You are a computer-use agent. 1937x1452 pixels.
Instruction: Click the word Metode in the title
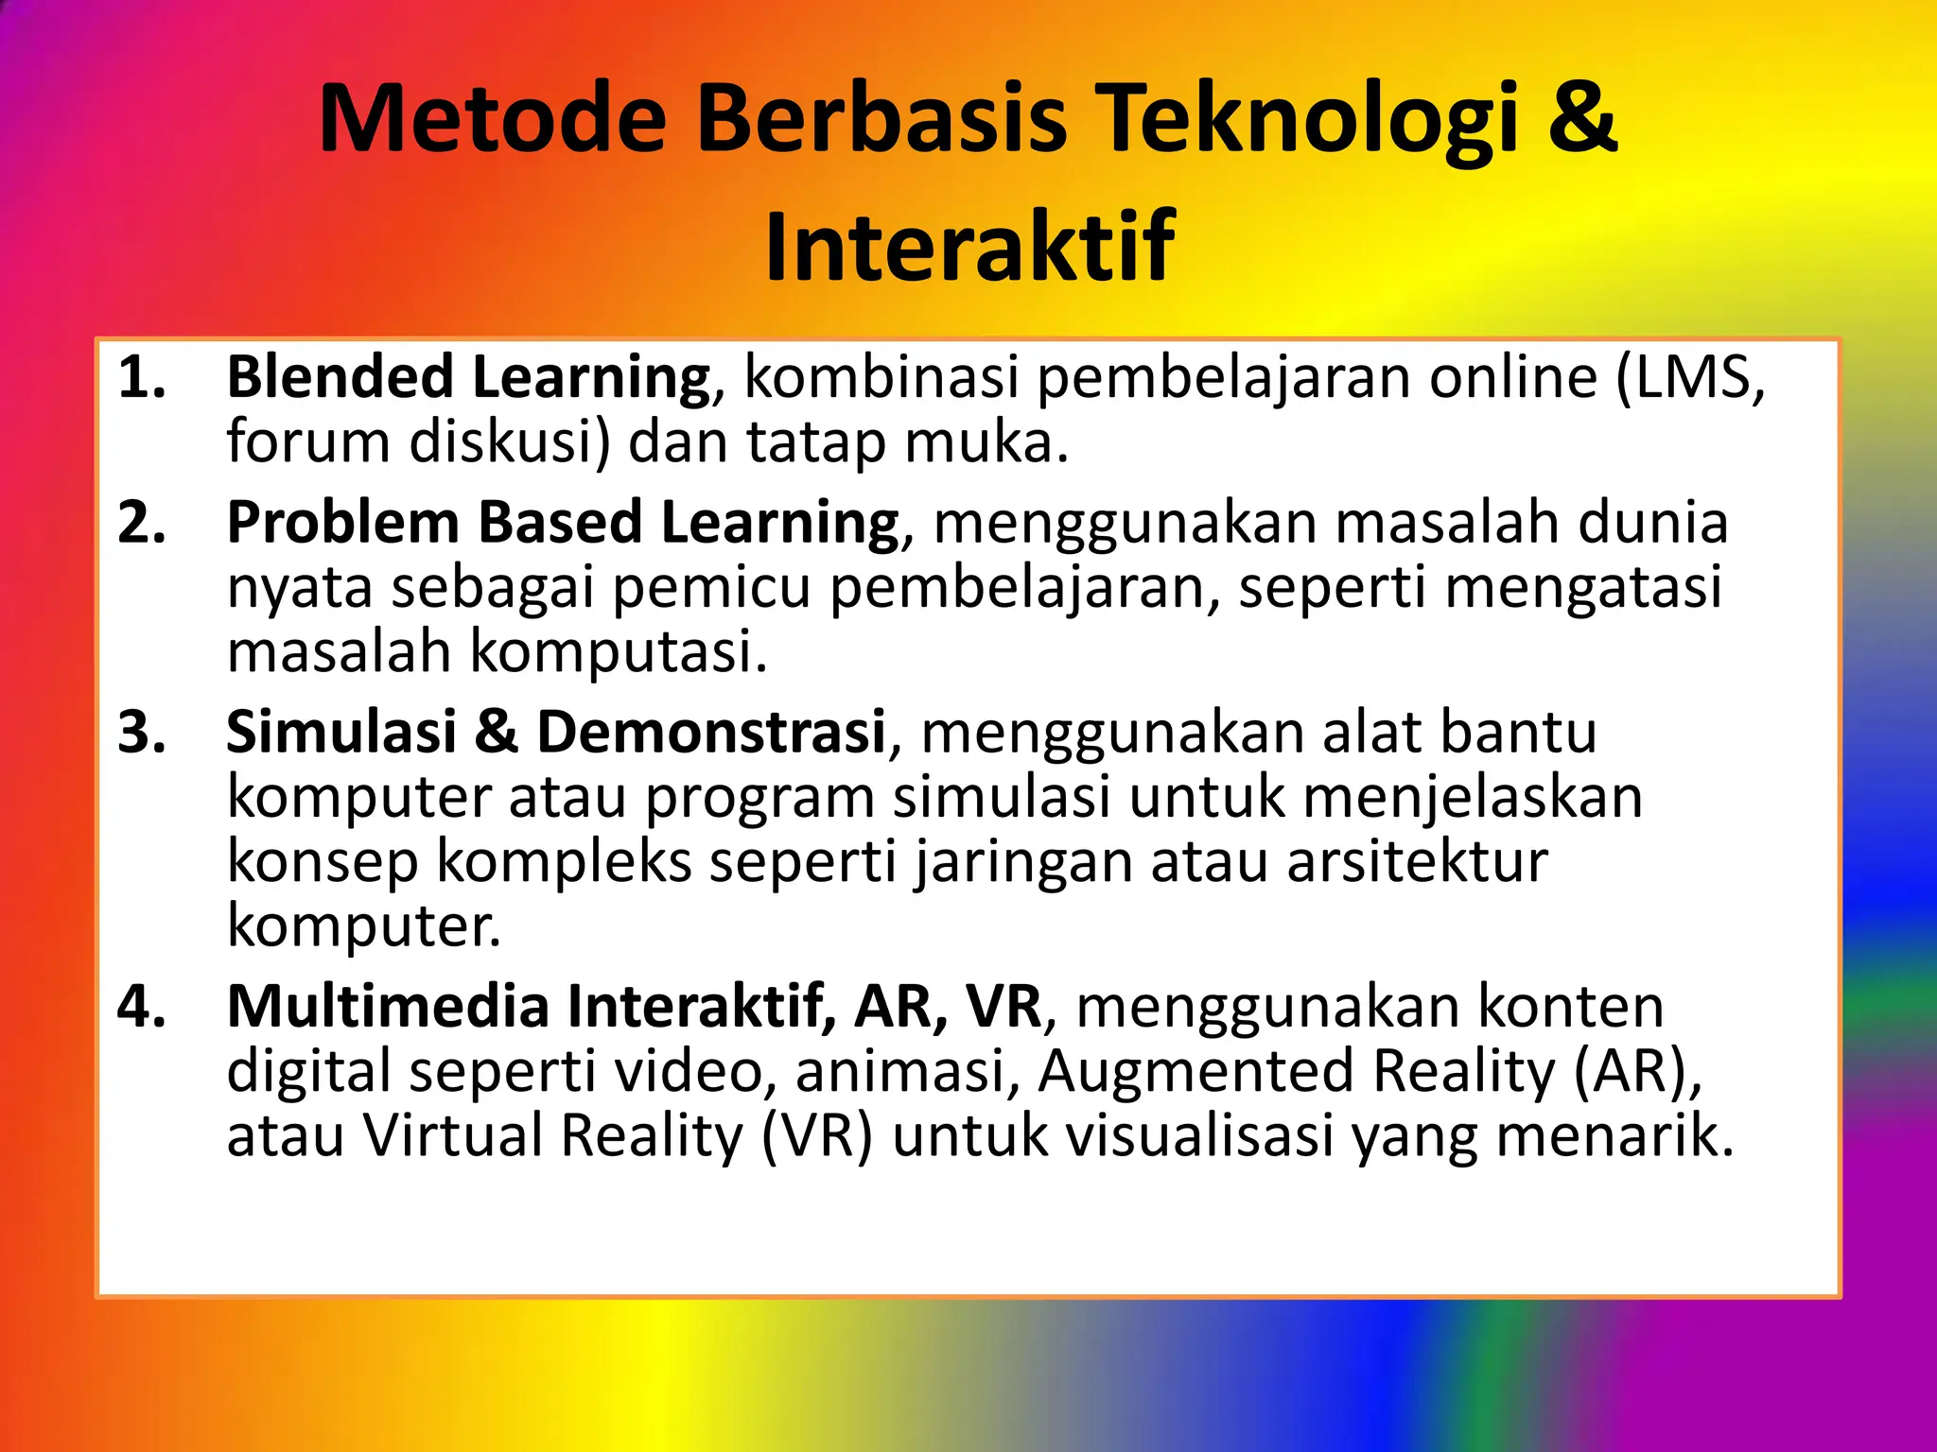[493, 120]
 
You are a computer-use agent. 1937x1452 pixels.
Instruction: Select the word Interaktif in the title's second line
[968, 249]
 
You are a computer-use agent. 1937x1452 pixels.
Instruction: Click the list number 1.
[142, 378]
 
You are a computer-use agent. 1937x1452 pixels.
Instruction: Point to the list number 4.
[142, 1007]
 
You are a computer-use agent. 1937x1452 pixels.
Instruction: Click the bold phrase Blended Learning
[468, 378]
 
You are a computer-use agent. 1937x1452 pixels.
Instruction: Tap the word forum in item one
[307, 442]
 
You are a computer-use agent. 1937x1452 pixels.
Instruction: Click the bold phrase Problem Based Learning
[563, 523]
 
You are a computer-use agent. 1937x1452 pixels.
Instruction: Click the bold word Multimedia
[388, 1007]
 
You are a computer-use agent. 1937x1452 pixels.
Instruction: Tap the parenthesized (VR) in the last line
[817, 1136]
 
